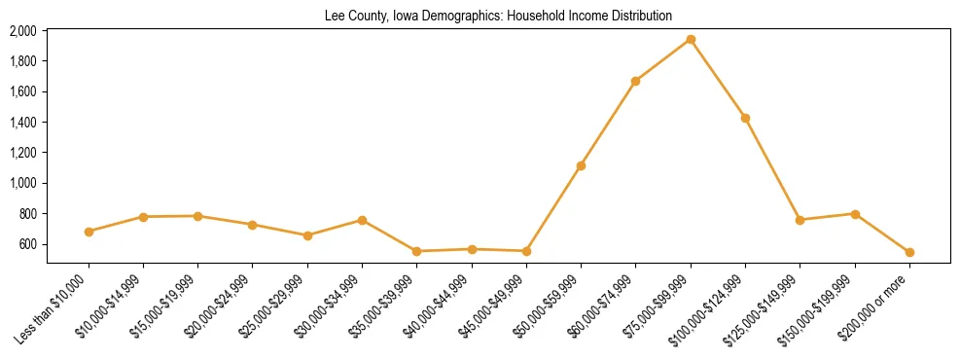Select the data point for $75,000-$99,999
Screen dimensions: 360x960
[x=691, y=40]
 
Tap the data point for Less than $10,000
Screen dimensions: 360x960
[x=89, y=232]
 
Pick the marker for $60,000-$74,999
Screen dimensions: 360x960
[x=635, y=81]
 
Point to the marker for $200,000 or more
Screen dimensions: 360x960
[x=909, y=252]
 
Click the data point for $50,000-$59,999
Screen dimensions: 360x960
[x=581, y=165]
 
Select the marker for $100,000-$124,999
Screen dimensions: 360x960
[x=745, y=118]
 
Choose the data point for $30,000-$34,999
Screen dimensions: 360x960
[x=362, y=220]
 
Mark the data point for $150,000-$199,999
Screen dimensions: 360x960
[x=855, y=214]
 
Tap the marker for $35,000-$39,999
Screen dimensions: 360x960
[x=416, y=251]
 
